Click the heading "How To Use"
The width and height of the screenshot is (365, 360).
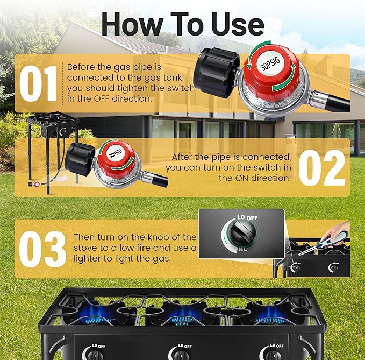pyautogui.click(x=182, y=24)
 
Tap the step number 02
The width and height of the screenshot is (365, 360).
pyautogui.click(x=321, y=167)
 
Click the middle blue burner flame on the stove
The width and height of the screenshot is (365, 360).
pyautogui.click(x=182, y=312)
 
